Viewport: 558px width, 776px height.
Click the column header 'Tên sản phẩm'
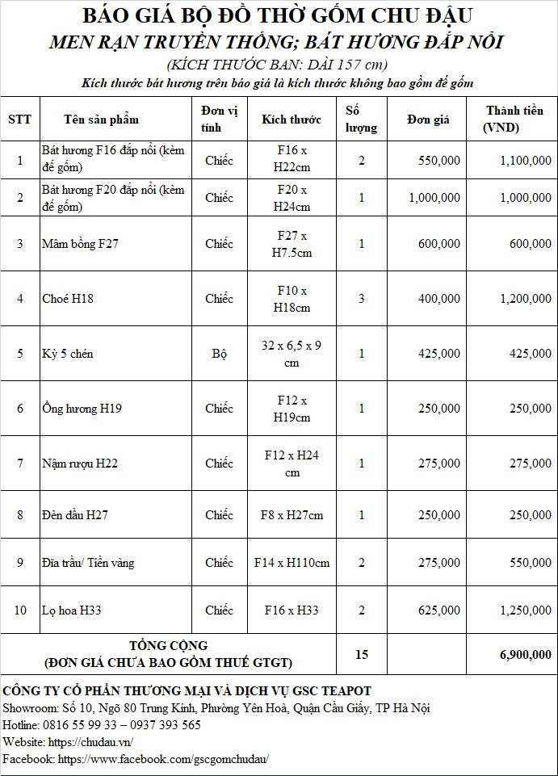(101, 120)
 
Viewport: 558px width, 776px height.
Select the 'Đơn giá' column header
(428, 120)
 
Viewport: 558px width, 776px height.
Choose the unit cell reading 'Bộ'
(219, 354)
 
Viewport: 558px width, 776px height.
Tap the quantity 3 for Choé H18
(362, 299)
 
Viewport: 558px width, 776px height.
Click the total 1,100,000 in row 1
(526, 161)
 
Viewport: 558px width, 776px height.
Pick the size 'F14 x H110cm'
(292, 563)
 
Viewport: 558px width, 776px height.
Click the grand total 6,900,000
(526, 655)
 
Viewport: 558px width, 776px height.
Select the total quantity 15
(362, 655)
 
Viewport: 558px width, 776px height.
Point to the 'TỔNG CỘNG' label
(168, 646)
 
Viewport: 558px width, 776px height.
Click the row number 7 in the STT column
(20, 464)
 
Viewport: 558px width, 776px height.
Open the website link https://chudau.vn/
(90, 742)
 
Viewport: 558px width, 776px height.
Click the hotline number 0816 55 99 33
(84, 725)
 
